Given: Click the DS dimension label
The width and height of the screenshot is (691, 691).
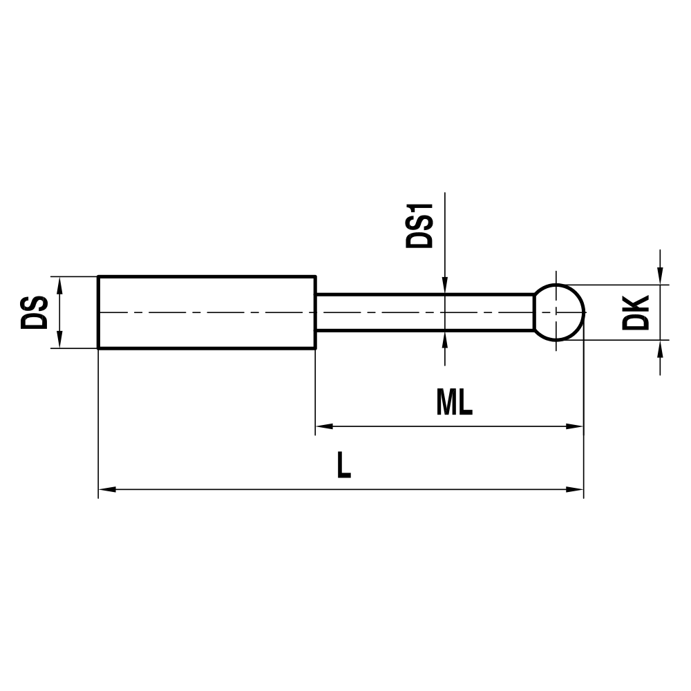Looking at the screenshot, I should pos(35,312).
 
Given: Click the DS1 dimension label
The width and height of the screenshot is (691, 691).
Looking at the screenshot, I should pos(419,226).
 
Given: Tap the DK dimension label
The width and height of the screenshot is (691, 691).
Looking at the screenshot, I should pos(635,312).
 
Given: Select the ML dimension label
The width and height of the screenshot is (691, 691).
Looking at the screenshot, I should pos(454,403).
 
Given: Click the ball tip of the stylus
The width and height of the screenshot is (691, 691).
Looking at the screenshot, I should pos(560,312).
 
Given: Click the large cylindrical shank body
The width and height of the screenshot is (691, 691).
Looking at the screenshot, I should pos(207,312).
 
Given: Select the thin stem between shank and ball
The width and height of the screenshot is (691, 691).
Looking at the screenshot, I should pos(425,312).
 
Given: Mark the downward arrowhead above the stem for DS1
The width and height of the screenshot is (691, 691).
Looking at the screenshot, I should pos(445,286).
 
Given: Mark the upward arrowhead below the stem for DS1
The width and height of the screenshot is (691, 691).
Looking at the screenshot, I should pos(445,339).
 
